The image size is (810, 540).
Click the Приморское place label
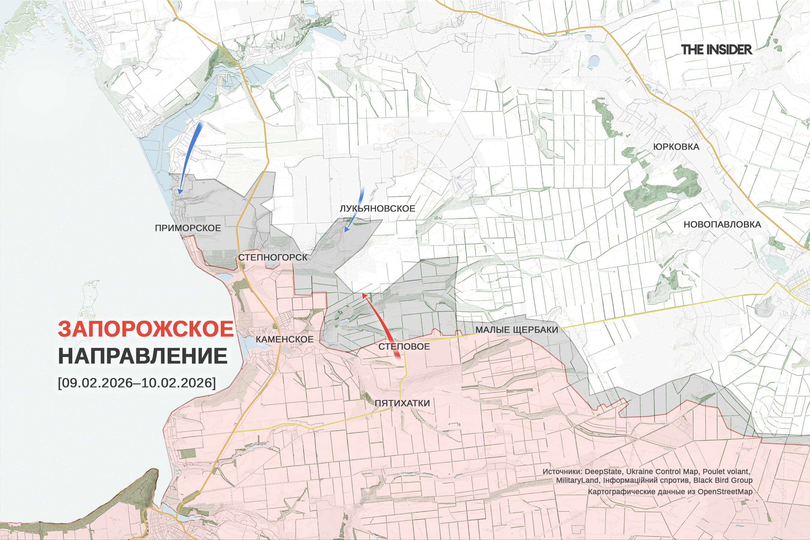pos(188,228)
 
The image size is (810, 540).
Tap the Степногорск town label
pos(272,257)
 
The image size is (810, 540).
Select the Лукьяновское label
pos(377,208)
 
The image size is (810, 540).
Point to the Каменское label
pos(284,339)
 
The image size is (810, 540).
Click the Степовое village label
pos(404,346)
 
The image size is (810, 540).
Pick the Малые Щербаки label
pos(517,330)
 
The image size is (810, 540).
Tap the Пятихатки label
pos(402,403)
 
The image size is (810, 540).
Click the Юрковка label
pos(676,147)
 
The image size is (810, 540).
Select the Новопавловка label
pos(722,224)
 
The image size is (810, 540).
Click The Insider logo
pos(716,49)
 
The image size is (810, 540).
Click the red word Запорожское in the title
pos(146,329)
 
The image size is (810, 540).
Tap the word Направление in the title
pos(142,356)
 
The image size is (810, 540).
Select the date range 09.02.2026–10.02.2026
pos(137,382)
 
